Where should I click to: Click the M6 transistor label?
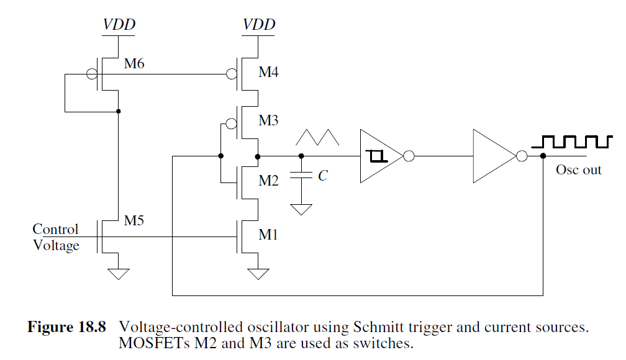(135, 63)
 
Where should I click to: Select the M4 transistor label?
(268, 73)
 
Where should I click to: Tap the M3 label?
(268, 120)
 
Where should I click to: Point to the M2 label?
(268, 181)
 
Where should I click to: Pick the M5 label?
(135, 220)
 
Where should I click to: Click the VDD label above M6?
(119, 25)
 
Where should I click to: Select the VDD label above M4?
(258, 25)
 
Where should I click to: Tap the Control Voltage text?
(56, 237)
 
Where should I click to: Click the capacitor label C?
(322, 176)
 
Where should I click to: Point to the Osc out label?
(578, 169)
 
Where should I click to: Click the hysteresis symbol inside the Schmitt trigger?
(377, 156)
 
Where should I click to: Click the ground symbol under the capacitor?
(302, 209)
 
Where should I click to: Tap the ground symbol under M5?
(118, 272)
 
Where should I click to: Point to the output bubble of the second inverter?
(522, 156)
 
